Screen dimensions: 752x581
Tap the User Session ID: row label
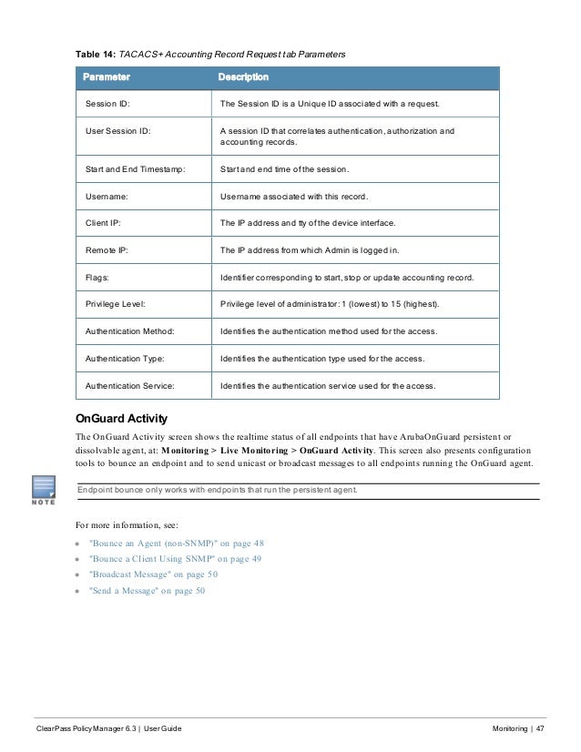[x=118, y=131]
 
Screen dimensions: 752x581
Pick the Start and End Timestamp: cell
[x=135, y=169]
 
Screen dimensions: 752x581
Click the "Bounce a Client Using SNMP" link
[x=175, y=559]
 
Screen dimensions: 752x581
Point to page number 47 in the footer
[x=539, y=730]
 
